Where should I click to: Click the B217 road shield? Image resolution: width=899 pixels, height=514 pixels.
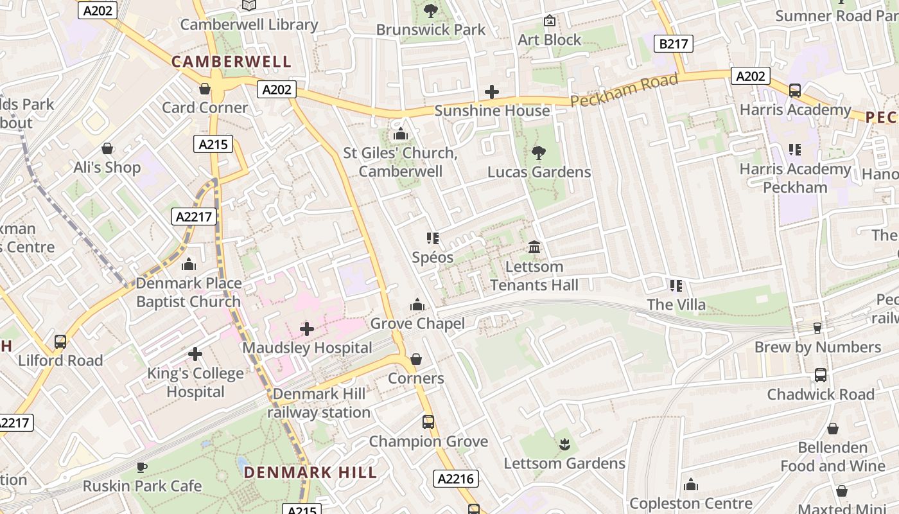(x=673, y=44)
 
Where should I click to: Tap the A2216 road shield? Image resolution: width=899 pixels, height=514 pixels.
(x=457, y=478)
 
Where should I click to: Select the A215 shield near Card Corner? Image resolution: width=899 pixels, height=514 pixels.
(x=213, y=144)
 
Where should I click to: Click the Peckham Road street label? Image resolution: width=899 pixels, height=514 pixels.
(x=624, y=91)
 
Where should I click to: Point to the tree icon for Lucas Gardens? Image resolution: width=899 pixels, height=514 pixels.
(x=539, y=153)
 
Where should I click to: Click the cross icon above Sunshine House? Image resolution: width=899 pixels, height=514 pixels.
(x=492, y=92)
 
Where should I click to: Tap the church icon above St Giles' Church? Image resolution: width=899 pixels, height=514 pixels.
(x=401, y=134)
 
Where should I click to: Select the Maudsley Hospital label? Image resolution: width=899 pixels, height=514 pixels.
(x=307, y=348)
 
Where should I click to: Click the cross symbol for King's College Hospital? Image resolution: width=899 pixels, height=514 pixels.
(x=195, y=354)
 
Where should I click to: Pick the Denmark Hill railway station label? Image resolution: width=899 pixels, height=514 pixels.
(x=319, y=403)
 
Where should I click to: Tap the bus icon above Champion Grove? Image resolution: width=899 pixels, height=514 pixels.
(x=428, y=422)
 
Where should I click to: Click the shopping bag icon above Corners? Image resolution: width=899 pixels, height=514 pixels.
(x=416, y=359)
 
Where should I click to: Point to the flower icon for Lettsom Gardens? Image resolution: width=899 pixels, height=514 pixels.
(x=564, y=444)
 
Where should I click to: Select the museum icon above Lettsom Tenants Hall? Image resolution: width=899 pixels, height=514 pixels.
(x=534, y=247)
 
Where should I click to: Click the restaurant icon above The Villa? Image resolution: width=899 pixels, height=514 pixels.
(x=676, y=285)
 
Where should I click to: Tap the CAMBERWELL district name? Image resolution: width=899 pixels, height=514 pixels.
(x=231, y=62)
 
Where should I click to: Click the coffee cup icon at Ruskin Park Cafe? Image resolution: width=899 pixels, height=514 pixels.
(x=142, y=467)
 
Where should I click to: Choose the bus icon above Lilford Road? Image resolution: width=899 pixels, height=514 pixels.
(x=60, y=341)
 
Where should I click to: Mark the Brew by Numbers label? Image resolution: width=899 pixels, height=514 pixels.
(x=817, y=347)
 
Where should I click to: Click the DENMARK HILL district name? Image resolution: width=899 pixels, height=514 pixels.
(x=310, y=472)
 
